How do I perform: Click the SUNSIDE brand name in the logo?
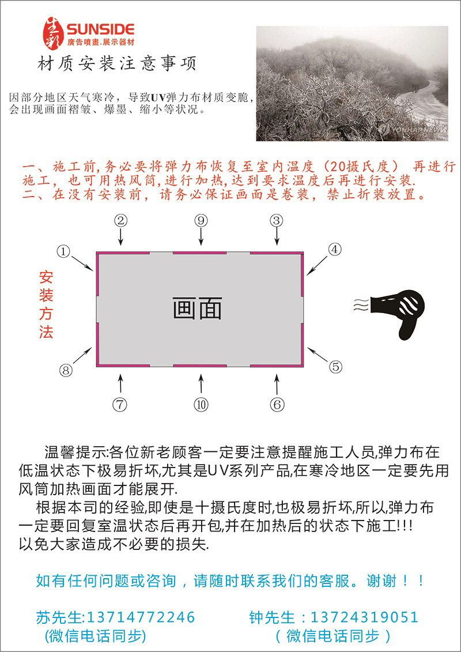[100, 29]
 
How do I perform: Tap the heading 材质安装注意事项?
[117, 64]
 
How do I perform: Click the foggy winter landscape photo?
[352, 84]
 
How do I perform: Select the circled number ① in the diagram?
[63, 250]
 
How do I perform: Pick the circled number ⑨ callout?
[201, 220]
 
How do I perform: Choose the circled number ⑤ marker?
[335, 366]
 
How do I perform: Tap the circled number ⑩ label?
[202, 405]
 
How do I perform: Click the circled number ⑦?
[119, 405]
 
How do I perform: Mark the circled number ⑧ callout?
[66, 370]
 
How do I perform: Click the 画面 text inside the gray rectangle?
[198, 308]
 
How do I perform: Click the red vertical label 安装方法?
[46, 305]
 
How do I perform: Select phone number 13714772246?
[141, 617]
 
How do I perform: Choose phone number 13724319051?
[364, 617]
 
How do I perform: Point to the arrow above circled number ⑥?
[277, 384]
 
